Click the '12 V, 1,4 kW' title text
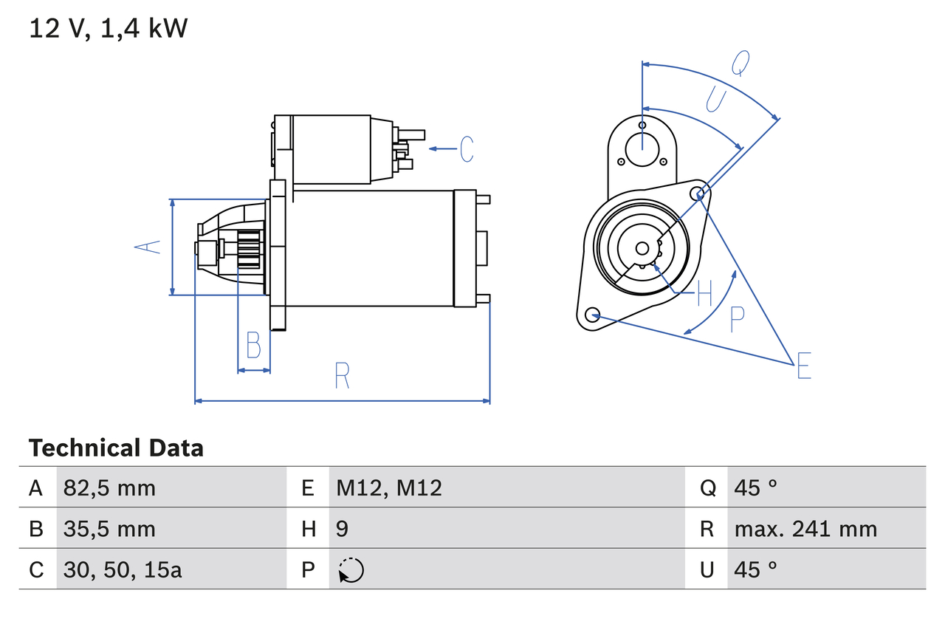point(109,29)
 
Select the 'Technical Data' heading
point(116,448)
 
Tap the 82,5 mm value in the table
point(109,487)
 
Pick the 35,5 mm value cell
point(109,529)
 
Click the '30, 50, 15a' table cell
point(123,569)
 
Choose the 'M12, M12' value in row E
point(389,487)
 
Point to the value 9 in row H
point(342,529)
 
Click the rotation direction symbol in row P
point(351,570)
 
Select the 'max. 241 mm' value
point(805,529)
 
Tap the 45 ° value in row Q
point(756,487)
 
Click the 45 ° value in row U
point(756,569)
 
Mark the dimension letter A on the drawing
point(148,247)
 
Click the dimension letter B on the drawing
point(253,345)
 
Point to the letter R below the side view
point(341,376)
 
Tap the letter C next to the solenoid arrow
point(466,149)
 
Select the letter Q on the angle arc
point(740,64)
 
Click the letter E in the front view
point(804,366)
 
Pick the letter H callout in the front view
point(704,293)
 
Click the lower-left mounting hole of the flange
point(591,315)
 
